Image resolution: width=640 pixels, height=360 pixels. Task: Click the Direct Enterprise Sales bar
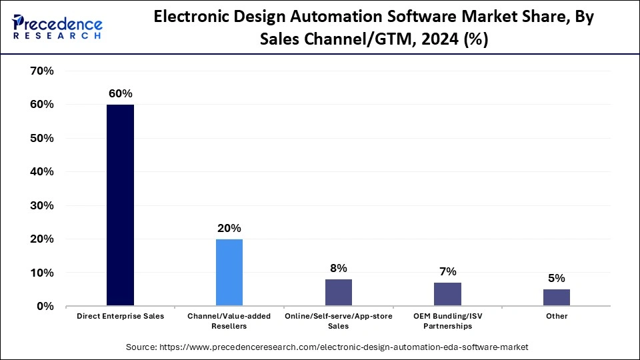coord(120,205)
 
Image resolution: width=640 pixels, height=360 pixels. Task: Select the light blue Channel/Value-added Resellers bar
coord(229,273)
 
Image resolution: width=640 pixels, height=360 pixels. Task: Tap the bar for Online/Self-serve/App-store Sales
coord(338,293)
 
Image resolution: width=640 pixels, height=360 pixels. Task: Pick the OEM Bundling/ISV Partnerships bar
coord(447,294)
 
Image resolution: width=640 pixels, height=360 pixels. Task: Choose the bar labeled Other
coord(556,297)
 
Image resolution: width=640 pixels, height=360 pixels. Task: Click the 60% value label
coord(120,94)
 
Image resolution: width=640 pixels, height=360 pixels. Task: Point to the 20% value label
coord(229,228)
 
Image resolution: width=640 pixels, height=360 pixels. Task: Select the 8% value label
coord(338,268)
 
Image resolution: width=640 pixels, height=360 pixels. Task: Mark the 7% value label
coord(447,271)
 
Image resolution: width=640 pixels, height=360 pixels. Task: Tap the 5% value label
coord(556,278)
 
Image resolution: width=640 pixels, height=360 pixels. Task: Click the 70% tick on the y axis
coord(41,71)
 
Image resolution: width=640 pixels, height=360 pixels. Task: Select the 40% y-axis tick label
coord(41,171)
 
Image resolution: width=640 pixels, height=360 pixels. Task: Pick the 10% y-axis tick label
coord(41,273)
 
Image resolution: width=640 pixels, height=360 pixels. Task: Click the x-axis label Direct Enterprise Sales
coord(120,316)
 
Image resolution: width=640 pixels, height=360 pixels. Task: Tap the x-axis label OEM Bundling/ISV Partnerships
coord(447,321)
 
